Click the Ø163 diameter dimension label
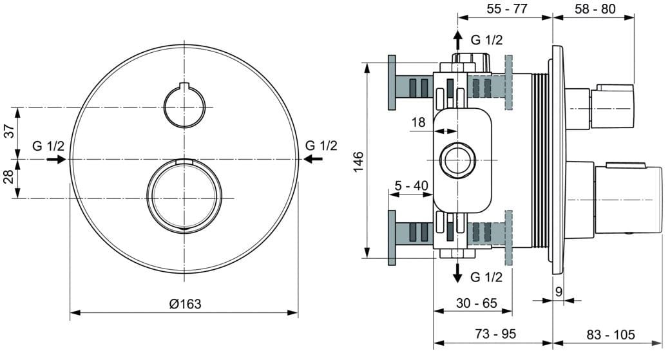[185, 304]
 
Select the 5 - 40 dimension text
[412, 185]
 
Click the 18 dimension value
[418, 122]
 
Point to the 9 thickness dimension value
[559, 292]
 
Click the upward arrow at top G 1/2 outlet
[457, 40]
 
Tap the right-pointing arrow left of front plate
[56, 159]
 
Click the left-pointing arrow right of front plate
[313, 159]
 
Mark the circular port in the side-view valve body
[456, 160]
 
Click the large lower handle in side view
[628, 200]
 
